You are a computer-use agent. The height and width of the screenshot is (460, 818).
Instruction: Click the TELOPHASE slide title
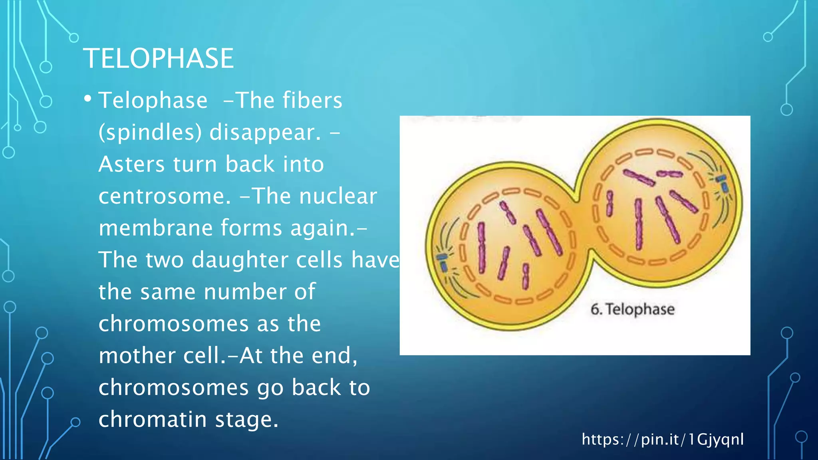pyautogui.click(x=158, y=59)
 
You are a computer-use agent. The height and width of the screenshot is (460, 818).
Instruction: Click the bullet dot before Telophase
pyautogui.click(x=88, y=99)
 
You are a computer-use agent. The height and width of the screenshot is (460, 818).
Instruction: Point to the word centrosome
pyautogui.click(x=165, y=196)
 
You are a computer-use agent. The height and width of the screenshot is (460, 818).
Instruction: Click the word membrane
pyautogui.click(x=156, y=228)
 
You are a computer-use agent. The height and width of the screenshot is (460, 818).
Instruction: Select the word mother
pyautogui.click(x=137, y=356)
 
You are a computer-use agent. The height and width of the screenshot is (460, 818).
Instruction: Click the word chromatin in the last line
pyautogui.click(x=153, y=420)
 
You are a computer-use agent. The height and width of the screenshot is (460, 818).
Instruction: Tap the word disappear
pyautogui.click(x=265, y=133)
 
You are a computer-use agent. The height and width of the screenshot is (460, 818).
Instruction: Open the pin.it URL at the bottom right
pyautogui.click(x=662, y=439)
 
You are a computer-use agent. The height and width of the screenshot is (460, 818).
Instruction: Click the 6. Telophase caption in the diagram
pyautogui.click(x=632, y=309)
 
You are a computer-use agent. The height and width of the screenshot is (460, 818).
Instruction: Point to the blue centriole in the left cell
pyautogui.click(x=442, y=262)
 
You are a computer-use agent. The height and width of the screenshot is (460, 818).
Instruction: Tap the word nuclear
pyautogui.click(x=338, y=196)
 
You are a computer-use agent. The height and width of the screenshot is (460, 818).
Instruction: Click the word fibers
pyautogui.click(x=312, y=100)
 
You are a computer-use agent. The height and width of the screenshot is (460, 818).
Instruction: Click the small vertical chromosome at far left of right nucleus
pyautogui.click(x=610, y=203)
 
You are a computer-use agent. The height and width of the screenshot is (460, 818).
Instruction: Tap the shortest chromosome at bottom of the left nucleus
pyautogui.click(x=526, y=276)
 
